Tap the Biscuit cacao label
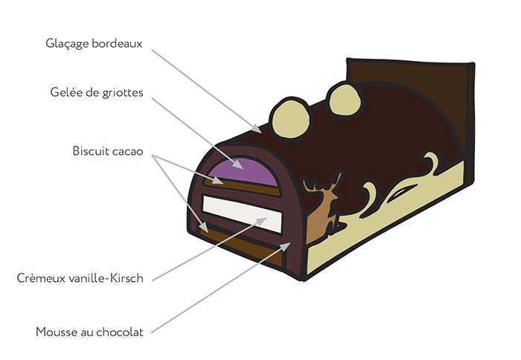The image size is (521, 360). (x=108, y=151)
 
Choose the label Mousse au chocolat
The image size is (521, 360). (x=90, y=332)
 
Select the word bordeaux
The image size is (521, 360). (x=118, y=43)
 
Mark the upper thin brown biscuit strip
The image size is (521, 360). (x=246, y=187)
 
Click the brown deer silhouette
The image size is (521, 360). (x=322, y=216)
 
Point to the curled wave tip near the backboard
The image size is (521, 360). (x=432, y=160)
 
